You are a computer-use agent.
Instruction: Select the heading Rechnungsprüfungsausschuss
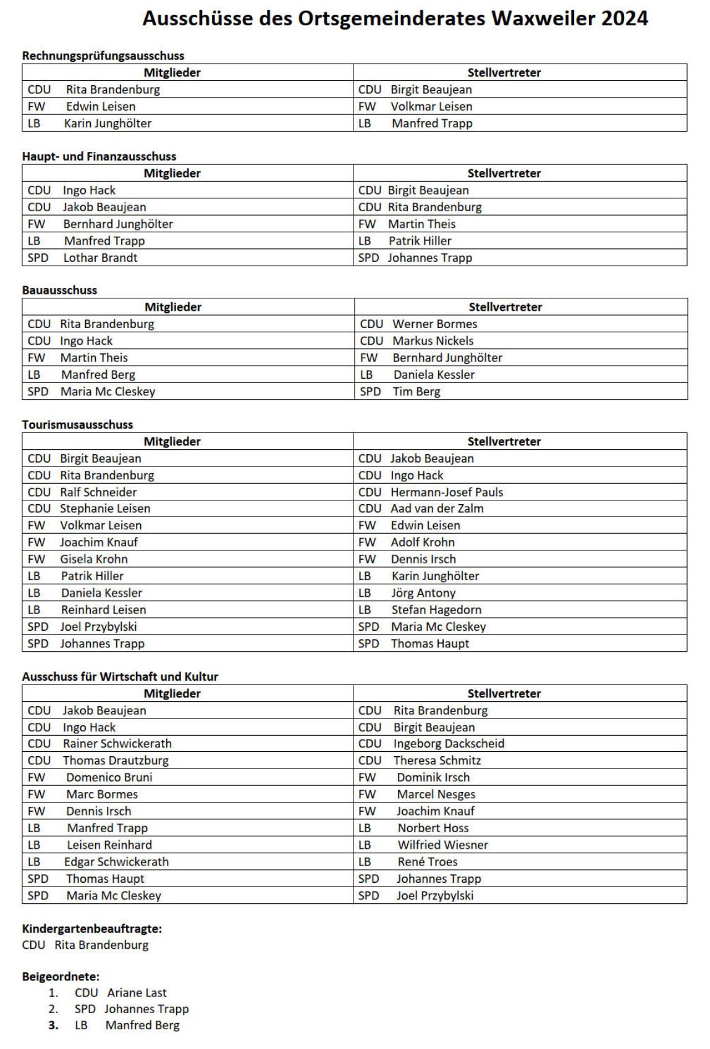coord(103,56)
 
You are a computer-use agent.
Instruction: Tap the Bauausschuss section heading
coord(59,290)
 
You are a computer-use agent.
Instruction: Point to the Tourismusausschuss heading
coord(77,424)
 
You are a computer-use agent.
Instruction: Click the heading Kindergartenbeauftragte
coord(92,929)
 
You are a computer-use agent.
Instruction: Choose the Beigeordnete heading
coord(61,977)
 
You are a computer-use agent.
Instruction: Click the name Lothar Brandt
coord(100,258)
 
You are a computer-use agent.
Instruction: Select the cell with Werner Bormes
coord(435,324)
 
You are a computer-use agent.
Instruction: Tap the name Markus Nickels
coord(433,340)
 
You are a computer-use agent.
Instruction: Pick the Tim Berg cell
coord(416,391)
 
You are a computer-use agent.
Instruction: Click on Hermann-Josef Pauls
coord(447,492)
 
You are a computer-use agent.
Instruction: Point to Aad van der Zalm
coord(437,508)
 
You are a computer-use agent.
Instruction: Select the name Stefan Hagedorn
coord(436,610)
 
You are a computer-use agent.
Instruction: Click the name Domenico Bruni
coord(109,777)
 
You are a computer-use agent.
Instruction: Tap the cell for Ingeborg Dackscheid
coord(449,743)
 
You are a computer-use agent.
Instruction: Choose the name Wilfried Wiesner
coord(442,845)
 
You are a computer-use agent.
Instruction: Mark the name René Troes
coord(428,862)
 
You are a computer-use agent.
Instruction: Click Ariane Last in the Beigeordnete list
coord(137,993)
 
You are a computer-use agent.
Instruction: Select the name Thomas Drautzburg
coord(116,760)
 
